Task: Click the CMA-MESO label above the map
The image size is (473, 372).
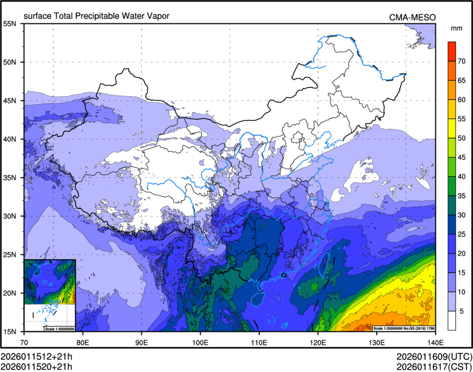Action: pos(413,17)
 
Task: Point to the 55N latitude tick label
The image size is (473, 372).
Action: pos(10,24)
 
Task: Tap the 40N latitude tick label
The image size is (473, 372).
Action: pos(10,139)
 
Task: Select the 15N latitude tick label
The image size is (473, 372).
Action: pos(10,331)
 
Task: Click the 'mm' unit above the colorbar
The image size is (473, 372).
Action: pos(457,27)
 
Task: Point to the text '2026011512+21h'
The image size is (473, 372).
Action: pos(36,356)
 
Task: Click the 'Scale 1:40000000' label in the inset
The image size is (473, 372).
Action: pos(58,329)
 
